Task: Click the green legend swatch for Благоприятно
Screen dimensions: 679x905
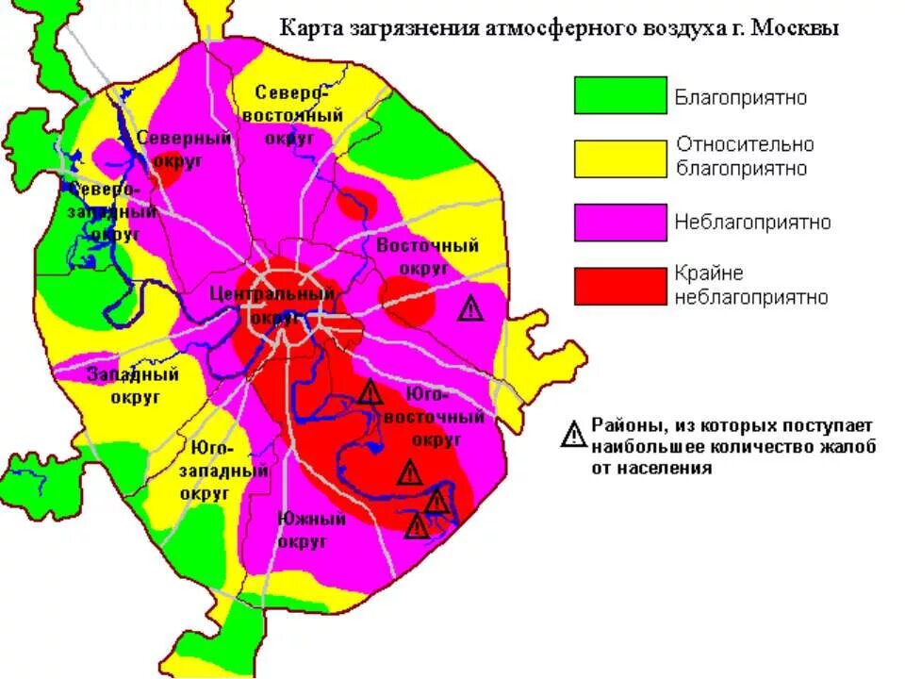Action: (620, 96)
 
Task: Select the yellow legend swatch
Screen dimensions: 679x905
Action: (620, 158)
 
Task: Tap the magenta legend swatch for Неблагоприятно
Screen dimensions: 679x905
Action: (620, 223)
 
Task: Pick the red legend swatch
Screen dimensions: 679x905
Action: (620, 286)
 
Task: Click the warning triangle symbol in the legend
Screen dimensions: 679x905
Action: (573, 434)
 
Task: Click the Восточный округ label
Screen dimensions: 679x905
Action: (427, 257)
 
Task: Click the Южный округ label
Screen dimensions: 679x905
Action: (303, 529)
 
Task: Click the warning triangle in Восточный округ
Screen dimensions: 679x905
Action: (469, 307)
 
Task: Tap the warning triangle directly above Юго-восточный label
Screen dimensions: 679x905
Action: (370, 392)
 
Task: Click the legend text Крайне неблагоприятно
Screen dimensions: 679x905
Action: (750, 286)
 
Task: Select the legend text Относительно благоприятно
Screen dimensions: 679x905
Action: (744, 157)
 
